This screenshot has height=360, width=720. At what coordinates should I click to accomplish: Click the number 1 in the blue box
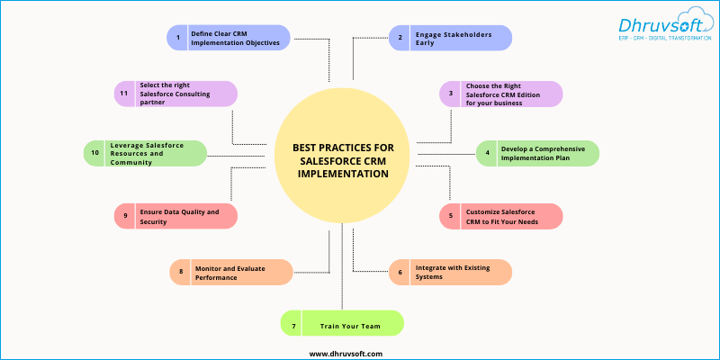(x=178, y=38)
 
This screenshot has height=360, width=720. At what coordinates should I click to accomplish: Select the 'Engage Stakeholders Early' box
(x=450, y=38)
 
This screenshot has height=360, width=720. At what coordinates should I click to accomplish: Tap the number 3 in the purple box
(x=451, y=94)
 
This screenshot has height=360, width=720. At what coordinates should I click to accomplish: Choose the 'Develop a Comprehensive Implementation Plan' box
(x=537, y=153)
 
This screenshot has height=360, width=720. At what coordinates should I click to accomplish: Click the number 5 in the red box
(x=451, y=215)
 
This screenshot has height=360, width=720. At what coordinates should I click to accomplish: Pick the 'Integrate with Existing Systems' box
(x=450, y=272)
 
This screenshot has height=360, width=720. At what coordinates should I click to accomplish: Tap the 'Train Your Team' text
(x=350, y=327)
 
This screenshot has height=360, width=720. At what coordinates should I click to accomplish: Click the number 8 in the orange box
(x=181, y=272)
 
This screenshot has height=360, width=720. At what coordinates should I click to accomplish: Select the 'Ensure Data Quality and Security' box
(x=175, y=216)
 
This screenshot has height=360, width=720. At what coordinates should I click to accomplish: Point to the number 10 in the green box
(x=95, y=153)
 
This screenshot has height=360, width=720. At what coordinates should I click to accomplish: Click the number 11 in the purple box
(x=124, y=94)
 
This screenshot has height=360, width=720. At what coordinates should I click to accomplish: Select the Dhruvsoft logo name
(x=661, y=25)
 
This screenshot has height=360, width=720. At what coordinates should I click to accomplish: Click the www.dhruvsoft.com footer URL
(x=346, y=354)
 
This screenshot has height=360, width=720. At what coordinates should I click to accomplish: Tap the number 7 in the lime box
(x=294, y=327)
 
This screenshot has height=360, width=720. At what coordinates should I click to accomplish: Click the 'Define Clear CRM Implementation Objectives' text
(x=235, y=38)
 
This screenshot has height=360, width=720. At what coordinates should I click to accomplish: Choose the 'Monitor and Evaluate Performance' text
(x=230, y=273)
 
